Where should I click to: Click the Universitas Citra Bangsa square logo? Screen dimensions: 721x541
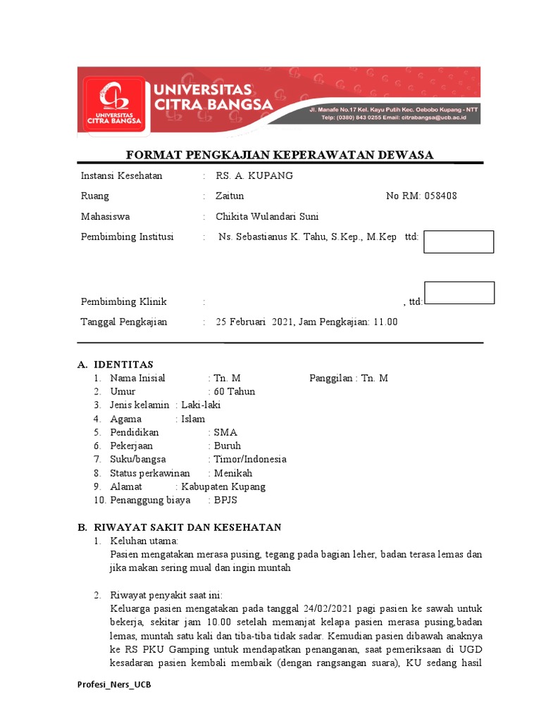tap(113, 103)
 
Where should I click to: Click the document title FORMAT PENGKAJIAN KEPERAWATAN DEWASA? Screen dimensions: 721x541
tap(279, 155)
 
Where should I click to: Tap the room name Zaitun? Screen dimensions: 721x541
tap(230, 196)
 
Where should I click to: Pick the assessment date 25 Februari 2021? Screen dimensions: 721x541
tap(254, 322)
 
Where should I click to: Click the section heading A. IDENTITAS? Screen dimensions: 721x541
tap(115, 364)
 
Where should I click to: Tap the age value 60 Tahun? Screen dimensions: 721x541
tap(235, 391)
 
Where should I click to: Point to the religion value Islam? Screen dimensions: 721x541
tap(193, 419)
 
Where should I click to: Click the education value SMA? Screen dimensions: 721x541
tap(225, 432)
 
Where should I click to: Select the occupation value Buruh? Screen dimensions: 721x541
tap(228, 446)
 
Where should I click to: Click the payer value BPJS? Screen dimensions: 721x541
tap(227, 501)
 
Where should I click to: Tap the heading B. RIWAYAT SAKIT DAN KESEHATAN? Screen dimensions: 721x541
tap(179, 527)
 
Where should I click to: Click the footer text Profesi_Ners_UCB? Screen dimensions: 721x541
tap(113, 685)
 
